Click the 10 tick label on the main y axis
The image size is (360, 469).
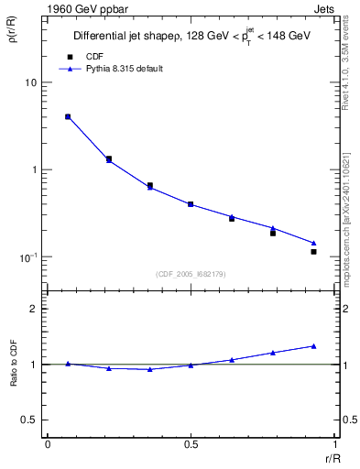pyautogui.click(x=31, y=82)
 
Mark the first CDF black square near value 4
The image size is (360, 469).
pyautogui.click(x=68, y=116)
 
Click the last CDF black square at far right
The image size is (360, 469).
pyautogui.click(x=313, y=251)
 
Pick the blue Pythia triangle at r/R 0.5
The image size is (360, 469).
pyautogui.click(x=191, y=204)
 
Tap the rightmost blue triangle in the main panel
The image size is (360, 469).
pyautogui.click(x=313, y=243)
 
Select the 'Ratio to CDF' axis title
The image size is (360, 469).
pyautogui.click(x=13, y=364)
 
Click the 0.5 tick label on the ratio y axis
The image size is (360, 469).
pyautogui.click(x=31, y=420)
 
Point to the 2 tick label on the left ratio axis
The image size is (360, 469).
pyautogui.click(x=36, y=309)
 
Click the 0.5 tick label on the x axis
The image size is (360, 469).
pyautogui.click(x=191, y=444)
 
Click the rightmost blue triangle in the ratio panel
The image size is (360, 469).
pyautogui.click(x=313, y=346)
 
